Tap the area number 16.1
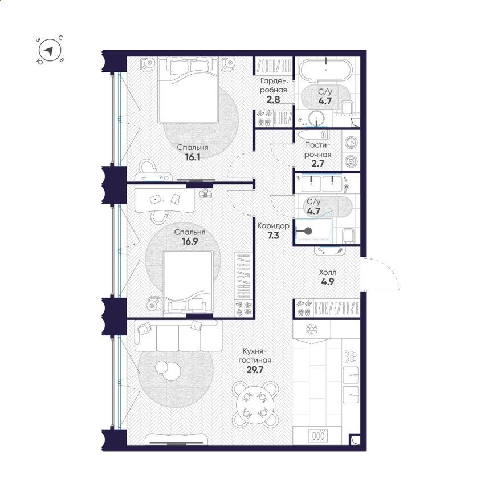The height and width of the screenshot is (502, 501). (193, 157)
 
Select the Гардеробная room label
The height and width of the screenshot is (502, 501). (273, 85)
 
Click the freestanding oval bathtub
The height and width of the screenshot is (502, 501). (325, 69)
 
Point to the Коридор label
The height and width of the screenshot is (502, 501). (273, 226)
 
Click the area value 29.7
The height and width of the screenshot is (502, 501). (255, 370)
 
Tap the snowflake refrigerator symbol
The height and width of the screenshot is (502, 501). (311, 330)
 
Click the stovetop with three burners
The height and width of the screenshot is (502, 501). (317, 435)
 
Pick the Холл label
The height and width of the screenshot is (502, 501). (328, 273)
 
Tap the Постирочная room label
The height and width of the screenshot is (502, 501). (317, 150)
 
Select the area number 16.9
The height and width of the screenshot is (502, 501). (190, 241)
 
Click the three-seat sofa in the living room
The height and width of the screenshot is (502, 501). (178, 336)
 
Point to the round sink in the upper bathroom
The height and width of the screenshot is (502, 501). (316, 118)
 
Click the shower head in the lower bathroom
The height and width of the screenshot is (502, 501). (308, 231)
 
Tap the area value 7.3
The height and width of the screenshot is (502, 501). (273, 236)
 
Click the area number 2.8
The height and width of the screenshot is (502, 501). (273, 100)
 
